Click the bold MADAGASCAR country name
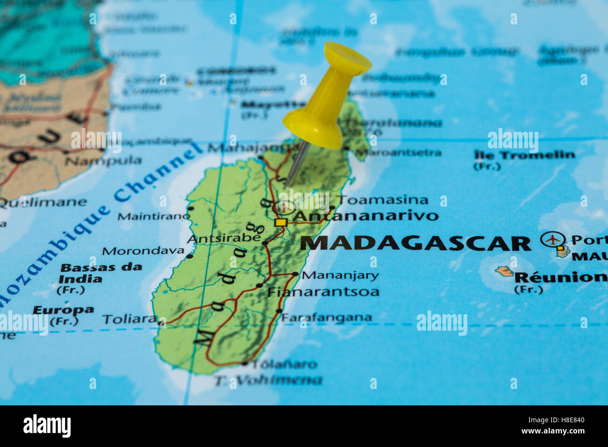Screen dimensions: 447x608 (x=415, y=244)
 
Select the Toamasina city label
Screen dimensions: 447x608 (x=383, y=200)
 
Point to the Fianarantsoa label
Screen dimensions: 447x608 (x=323, y=292)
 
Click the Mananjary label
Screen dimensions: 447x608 (x=340, y=275)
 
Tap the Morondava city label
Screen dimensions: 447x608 (x=143, y=251)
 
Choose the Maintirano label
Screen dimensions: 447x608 (x=153, y=216)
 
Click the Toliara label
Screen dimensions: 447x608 (x=130, y=319)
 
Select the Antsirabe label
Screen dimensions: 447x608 (x=224, y=238)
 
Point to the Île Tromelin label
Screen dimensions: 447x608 (x=524, y=155)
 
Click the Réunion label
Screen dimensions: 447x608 (x=560, y=277)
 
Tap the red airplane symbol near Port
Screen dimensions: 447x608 (x=553, y=239)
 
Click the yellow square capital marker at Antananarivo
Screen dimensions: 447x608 (x=281, y=223)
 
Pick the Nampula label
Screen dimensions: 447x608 (x=103, y=161)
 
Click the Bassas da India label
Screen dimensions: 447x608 (x=101, y=273)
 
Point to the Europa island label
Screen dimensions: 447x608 (x=63, y=310)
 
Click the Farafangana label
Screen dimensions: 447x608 (x=326, y=317)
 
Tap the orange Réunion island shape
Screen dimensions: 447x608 (x=504, y=271)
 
